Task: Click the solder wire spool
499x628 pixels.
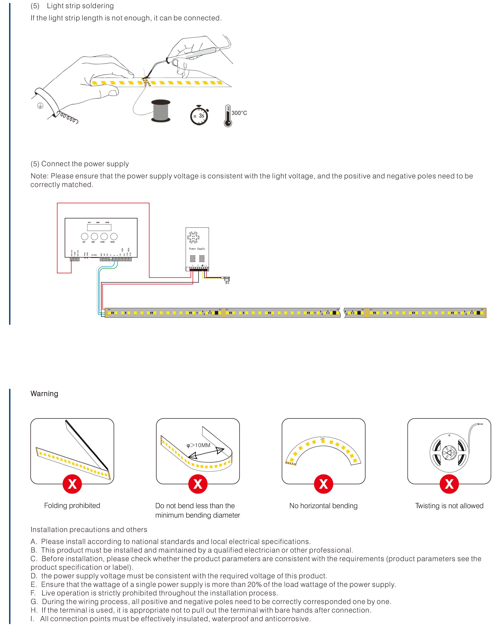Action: [x=161, y=111]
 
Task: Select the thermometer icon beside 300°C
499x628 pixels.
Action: [x=228, y=116]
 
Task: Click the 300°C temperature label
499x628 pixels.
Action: [x=239, y=113]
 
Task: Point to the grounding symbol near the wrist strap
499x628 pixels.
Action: [x=40, y=106]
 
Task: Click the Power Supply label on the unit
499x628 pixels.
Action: [x=197, y=249]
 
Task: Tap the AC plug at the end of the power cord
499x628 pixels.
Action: [x=227, y=280]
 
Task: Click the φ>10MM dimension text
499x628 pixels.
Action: [x=198, y=445]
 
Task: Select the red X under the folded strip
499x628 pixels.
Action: [x=72, y=484]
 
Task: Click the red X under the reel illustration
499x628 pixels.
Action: [x=449, y=484]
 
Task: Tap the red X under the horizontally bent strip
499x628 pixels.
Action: [x=323, y=484]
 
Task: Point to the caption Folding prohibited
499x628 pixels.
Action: [x=72, y=506]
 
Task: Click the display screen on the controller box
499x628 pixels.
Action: [x=99, y=227]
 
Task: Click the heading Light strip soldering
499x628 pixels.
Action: [x=80, y=6]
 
